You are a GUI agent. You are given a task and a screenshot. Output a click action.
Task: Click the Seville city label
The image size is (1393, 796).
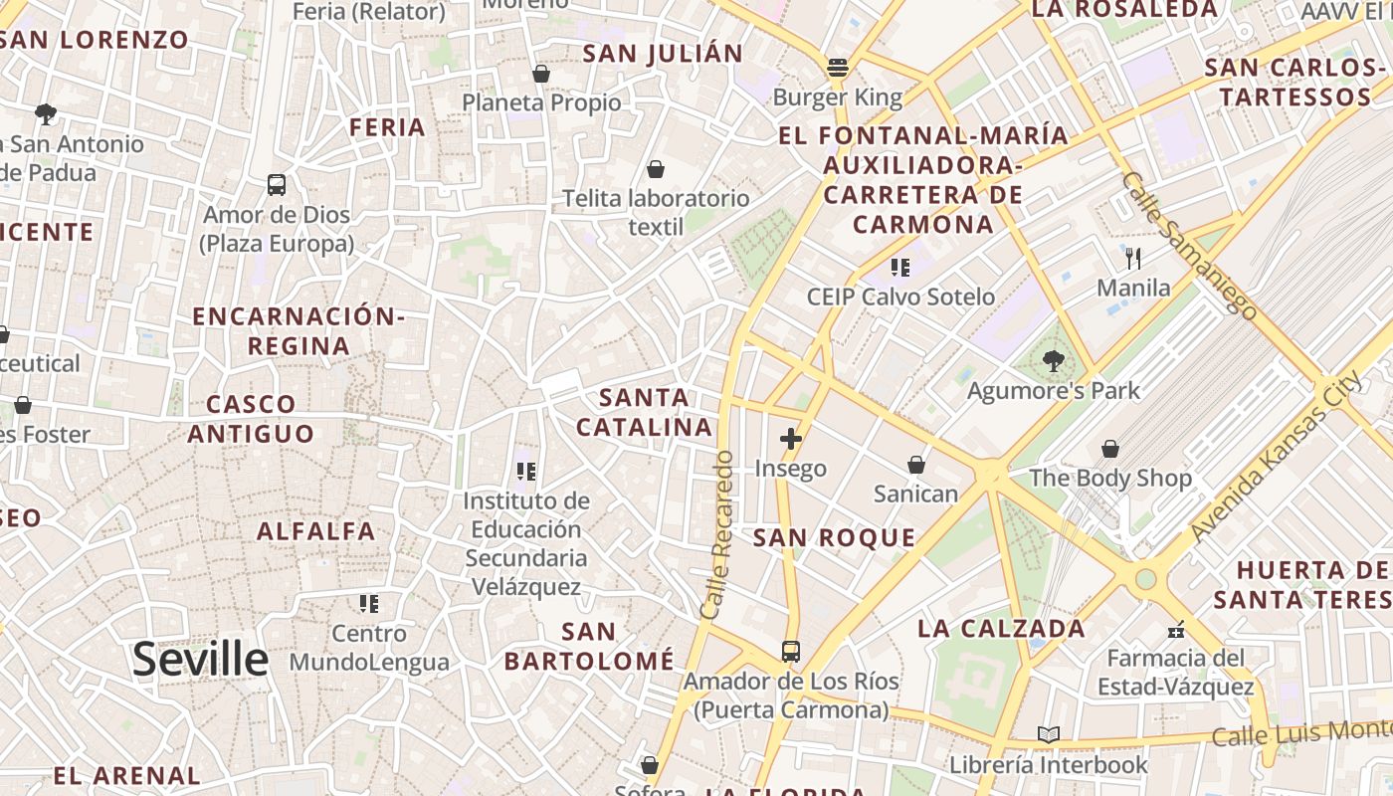coord(200,660)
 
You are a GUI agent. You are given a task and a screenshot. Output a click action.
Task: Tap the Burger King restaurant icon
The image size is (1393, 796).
coord(838,68)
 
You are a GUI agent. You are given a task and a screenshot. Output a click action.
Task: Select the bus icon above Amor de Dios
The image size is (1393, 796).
coord(277,185)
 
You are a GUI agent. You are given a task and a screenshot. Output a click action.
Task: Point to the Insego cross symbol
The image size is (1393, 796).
coord(791,439)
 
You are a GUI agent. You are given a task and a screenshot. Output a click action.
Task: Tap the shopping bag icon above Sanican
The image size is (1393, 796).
coord(915,465)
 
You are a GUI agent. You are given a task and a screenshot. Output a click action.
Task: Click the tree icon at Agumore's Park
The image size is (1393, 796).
coord(1054,361)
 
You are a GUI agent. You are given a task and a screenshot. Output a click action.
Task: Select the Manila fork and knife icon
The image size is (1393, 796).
coord(1133,260)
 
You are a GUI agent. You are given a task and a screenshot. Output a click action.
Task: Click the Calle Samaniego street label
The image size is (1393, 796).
coord(1188,245)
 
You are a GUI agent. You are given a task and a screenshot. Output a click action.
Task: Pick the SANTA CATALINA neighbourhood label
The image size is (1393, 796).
coord(657,413)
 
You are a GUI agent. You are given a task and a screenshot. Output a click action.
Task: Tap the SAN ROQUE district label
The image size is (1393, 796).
coord(834,538)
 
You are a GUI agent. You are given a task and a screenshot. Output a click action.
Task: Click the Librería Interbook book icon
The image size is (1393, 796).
coord(1048,735)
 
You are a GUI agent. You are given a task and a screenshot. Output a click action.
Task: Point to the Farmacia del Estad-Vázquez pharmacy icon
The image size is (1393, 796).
coord(1176,630)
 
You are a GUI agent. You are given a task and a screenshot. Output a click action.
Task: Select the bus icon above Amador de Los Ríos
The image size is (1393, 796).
coord(791,652)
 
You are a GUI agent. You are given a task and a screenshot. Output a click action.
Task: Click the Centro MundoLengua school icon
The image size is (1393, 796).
coord(369,604)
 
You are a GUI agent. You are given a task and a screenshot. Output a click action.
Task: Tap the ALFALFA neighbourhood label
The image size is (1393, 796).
coord(316,531)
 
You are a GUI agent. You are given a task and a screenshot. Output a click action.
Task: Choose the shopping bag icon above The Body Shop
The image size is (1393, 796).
coord(1109,449)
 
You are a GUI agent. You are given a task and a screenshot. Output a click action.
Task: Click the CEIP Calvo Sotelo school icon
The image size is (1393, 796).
coord(900,267)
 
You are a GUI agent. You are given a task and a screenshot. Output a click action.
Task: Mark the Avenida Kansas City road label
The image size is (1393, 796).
coord(1278,457)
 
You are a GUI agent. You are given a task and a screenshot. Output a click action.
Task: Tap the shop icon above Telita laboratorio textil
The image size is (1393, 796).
coord(656,169)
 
